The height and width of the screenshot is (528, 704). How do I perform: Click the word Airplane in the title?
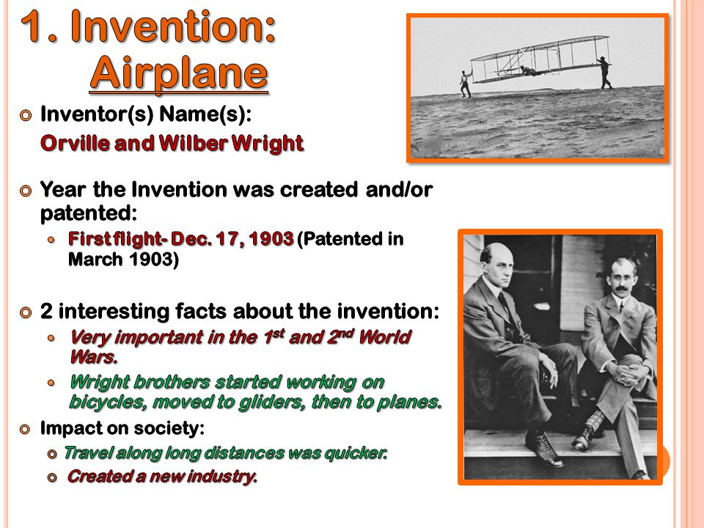[x=179, y=74]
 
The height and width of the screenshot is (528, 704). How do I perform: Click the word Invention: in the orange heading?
[x=173, y=26]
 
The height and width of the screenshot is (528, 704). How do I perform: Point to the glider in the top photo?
[x=540, y=59]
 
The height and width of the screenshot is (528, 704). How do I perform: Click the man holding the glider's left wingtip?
[x=466, y=84]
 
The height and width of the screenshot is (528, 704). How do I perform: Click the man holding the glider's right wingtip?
[x=604, y=73]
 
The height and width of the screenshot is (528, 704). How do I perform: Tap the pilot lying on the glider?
[x=529, y=70]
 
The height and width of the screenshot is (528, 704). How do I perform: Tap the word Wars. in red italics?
[x=94, y=357]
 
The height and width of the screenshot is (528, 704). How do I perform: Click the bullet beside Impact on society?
[x=26, y=429]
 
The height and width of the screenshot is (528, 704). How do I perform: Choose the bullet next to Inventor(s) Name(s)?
[x=26, y=115]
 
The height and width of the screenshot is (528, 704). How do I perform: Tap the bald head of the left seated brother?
[x=496, y=252]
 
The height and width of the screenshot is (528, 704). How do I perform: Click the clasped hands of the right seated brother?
[x=626, y=373]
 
